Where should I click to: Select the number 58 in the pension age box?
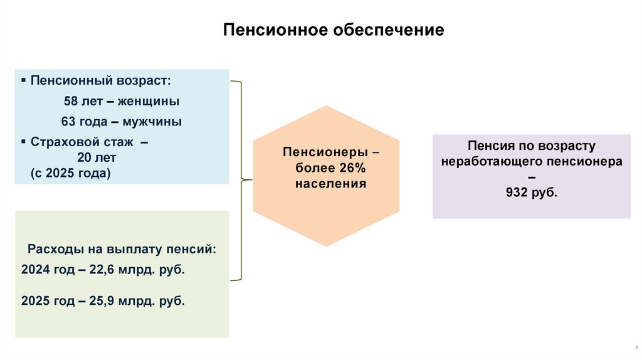click(x=71, y=101)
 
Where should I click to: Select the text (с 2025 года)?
click(x=70, y=174)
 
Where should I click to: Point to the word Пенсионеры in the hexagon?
click(x=316, y=152)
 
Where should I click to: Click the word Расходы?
click(x=51, y=248)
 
